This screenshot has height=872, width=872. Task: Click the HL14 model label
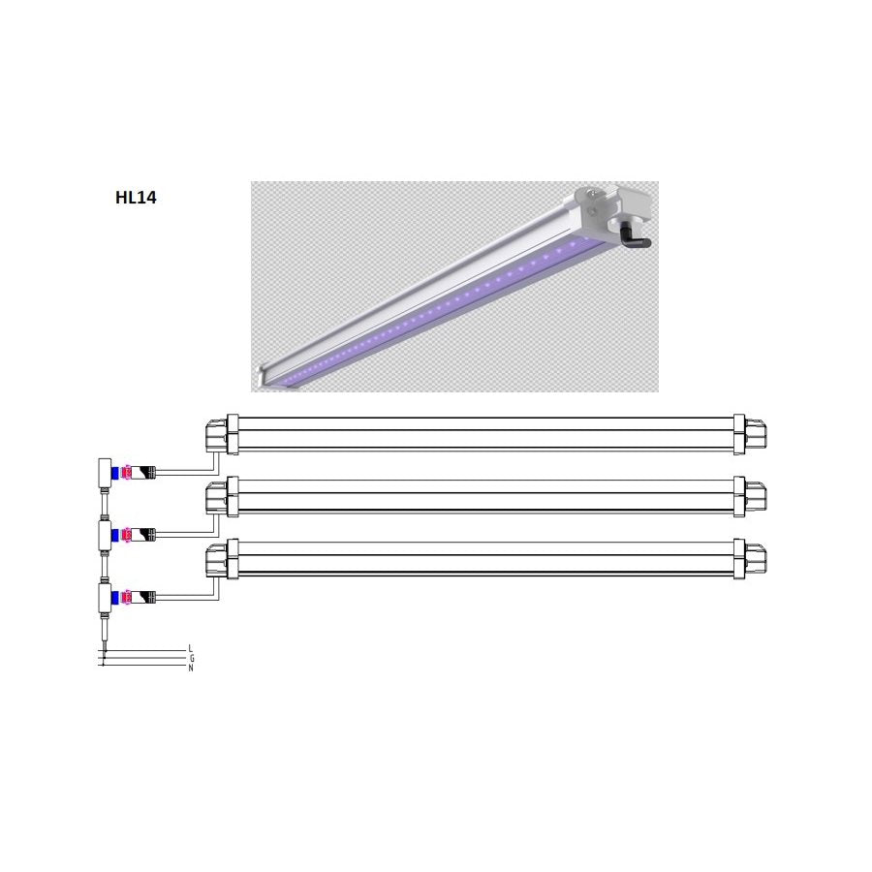[136, 199]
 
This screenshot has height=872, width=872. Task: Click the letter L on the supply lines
[191, 647]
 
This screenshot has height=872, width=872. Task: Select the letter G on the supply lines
[191, 658]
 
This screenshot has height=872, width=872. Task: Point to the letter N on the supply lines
[191, 668]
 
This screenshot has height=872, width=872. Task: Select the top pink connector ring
[128, 473]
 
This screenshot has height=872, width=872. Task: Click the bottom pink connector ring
[128, 596]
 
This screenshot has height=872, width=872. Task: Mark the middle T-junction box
[101, 533]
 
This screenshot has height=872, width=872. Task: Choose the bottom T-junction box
[101, 595]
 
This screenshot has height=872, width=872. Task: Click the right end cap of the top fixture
[750, 433]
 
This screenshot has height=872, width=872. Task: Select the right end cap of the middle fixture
[750, 495]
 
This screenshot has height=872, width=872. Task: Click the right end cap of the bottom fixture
[750, 559]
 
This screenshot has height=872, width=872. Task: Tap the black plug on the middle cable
[145, 534]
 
